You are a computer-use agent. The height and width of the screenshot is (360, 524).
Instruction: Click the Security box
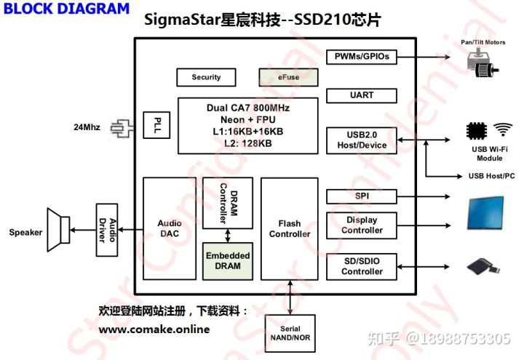tap(206, 77)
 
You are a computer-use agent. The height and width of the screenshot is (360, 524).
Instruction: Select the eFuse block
tap(289, 77)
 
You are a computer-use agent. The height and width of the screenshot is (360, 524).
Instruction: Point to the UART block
tap(361, 95)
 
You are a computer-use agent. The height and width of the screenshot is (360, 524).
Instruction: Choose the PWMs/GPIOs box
tap(361, 57)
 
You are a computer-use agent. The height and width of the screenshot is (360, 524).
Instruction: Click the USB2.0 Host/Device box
tap(361, 140)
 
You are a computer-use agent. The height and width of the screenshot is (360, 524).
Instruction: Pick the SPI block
tap(361, 196)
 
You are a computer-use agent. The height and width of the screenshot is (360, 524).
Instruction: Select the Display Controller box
tap(361, 225)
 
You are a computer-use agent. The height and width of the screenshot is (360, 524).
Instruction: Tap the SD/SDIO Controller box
tap(361, 266)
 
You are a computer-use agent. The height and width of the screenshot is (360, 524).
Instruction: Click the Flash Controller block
tap(289, 229)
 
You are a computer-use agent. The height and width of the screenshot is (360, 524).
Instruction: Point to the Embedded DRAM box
tap(228, 261)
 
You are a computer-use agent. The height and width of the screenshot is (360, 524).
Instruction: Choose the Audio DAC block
tap(170, 229)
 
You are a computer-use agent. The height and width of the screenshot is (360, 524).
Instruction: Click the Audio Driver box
tap(107, 230)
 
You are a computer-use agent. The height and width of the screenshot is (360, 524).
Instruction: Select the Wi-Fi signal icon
tap(502, 130)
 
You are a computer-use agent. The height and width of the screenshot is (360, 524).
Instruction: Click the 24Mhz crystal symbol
tap(121, 129)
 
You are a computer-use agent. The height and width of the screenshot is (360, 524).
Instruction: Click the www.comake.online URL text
tap(154, 329)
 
